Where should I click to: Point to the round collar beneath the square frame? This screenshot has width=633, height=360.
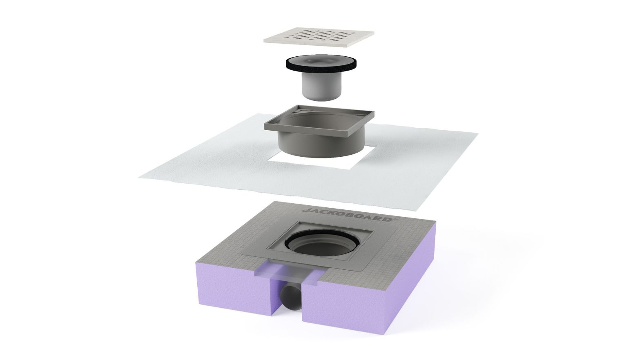click(x=320, y=147)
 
